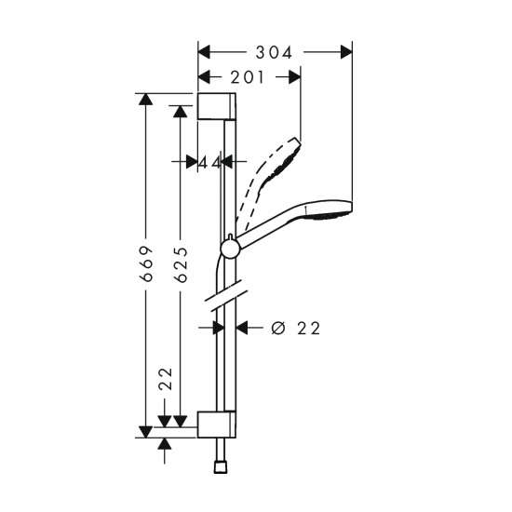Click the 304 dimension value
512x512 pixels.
(274, 52)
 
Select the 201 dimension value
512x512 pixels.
(248, 77)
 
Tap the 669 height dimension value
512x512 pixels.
(146, 263)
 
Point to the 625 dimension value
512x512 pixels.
(181, 264)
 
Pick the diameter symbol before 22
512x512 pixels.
(278, 329)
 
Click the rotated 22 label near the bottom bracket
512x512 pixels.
(165, 379)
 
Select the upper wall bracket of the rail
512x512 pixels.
(217, 106)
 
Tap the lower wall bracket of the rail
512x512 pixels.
(217, 424)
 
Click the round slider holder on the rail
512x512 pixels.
(231, 249)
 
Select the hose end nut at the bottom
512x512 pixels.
(221, 467)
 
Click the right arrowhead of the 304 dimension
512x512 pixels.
(346, 52)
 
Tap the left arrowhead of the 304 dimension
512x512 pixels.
(204, 52)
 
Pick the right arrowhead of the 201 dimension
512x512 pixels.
(295, 77)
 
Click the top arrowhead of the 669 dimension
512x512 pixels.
(145, 100)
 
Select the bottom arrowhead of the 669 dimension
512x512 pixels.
(145, 432)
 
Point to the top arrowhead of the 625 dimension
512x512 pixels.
(181, 112)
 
